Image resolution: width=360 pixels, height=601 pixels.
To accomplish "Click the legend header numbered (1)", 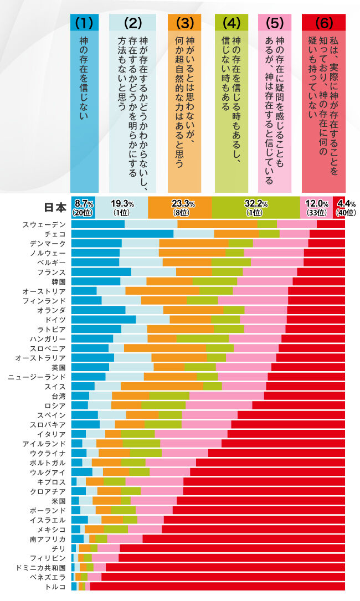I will click(84, 23).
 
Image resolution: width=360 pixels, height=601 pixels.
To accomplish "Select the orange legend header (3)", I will click(184, 23).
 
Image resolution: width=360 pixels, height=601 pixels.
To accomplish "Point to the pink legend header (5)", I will click(275, 23).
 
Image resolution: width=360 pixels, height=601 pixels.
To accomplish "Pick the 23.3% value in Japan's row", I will click(180, 204).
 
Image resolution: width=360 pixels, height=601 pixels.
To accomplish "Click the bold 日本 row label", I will click(55, 207).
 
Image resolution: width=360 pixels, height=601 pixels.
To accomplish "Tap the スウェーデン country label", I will click(44, 224).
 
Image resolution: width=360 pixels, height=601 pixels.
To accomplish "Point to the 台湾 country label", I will click(58, 396).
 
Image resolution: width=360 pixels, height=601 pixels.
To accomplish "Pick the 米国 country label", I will click(58, 501).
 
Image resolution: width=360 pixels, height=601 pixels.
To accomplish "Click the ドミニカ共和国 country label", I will click(41, 568).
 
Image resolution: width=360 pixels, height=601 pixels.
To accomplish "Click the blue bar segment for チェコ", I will click(122, 234).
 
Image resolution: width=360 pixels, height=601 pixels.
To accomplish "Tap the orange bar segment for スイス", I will click(162, 386).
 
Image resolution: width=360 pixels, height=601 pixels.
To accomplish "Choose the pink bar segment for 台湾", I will click(227, 396).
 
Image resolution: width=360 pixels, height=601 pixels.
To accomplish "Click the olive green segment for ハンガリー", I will click(203, 338).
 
